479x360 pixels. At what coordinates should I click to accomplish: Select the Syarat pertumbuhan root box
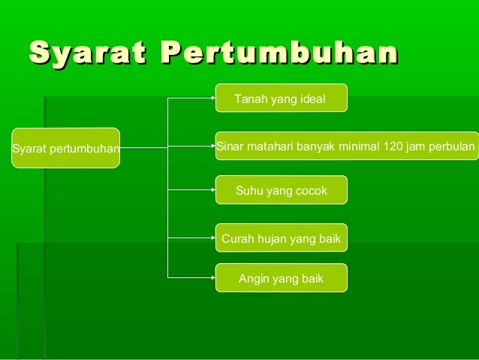(x=65, y=148)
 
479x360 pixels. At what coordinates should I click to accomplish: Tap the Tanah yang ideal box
(x=281, y=98)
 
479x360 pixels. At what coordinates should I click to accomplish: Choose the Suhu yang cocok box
(x=281, y=191)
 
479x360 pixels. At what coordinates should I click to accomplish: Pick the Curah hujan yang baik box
(x=281, y=239)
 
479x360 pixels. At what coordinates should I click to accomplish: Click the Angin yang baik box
(x=281, y=278)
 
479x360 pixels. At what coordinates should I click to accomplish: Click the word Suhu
(x=249, y=191)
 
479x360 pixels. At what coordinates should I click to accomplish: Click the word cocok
(x=311, y=191)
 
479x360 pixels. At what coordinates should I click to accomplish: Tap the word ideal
(x=312, y=98)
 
